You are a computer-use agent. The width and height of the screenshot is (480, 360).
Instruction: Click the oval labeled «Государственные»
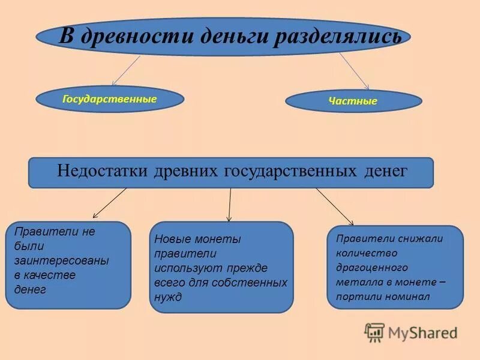(x=110, y=99)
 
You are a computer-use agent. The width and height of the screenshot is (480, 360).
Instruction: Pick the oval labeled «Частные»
(x=353, y=101)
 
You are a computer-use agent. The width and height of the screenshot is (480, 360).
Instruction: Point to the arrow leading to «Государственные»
(x=125, y=71)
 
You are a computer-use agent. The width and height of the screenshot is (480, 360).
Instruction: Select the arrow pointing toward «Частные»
(x=355, y=71)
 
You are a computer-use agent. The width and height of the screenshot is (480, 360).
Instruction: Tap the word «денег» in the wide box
(x=386, y=171)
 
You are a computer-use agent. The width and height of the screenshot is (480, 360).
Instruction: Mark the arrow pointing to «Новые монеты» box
(x=229, y=205)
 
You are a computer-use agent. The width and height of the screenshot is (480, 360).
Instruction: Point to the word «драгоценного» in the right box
(x=372, y=268)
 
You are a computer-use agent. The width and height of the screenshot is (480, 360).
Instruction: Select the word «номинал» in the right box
(x=409, y=296)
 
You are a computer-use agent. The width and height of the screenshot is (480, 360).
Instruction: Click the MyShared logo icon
(x=374, y=332)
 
